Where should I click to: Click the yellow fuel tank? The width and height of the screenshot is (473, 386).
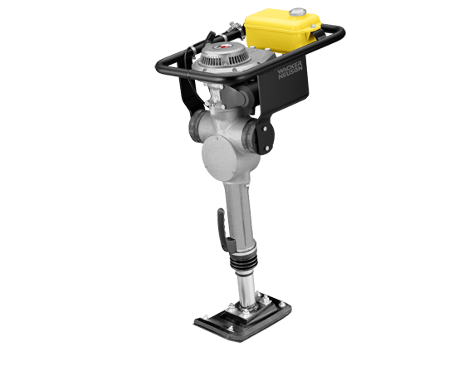click(282, 32)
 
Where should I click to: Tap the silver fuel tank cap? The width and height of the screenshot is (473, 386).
click(297, 12)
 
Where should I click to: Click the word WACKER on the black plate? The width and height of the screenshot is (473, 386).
click(289, 68)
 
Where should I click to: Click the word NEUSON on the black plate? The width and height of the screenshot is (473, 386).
click(290, 73)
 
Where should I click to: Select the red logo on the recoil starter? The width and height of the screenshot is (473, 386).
click(222, 46)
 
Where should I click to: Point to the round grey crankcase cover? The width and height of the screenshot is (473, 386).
click(219, 159)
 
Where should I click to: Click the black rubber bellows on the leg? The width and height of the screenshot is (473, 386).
click(243, 261)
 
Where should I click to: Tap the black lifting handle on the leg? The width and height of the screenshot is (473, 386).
click(224, 230)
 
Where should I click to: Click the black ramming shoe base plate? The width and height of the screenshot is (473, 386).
click(243, 319)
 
